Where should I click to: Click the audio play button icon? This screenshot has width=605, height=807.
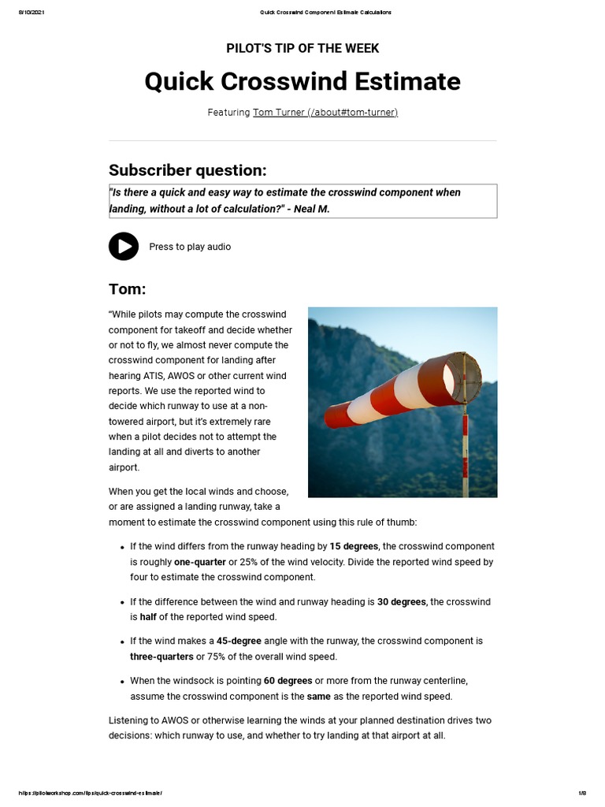click(124, 247)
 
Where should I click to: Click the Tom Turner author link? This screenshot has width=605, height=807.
click(325, 113)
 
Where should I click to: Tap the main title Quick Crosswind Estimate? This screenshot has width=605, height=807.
click(302, 82)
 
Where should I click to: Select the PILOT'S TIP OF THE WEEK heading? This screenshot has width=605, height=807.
click(302, 49)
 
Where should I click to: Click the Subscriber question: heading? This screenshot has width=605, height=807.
click(187, 170)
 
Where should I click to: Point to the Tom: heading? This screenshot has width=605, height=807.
click(128, 290)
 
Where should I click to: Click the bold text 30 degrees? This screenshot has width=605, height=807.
click(402, 601)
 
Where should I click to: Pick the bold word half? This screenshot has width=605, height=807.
click(148, 617)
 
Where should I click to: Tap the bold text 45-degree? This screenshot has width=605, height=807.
click(239, 642)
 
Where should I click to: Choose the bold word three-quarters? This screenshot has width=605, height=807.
click(161, 656)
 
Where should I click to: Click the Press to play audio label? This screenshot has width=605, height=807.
click(190, 247)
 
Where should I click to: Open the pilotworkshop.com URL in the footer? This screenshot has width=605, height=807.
click(90, 792)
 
